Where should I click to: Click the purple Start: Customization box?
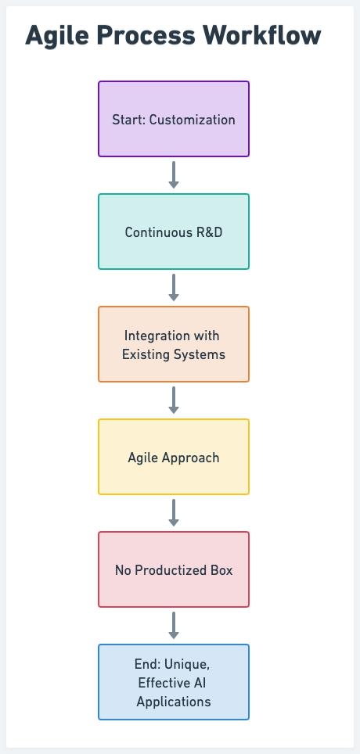tap(174, 119)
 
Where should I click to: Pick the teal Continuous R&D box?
tap(174, 232)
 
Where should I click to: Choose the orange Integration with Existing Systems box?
tap(174, 344)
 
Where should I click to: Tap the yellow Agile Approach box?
tap(174, 456)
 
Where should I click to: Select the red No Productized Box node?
tap(174, 569)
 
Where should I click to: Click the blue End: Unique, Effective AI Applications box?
tap(174, 681)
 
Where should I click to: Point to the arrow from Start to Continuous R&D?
tap(174, 175)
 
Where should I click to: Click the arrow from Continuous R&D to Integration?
tap(174, 288)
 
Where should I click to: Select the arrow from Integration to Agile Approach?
tap(174, 400)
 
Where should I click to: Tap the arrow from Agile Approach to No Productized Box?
tap(174, 512)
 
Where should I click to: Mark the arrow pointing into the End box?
tap(174, 625)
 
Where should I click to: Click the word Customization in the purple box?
tap(192, 119)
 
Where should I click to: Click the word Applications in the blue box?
tap(174, 702)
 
